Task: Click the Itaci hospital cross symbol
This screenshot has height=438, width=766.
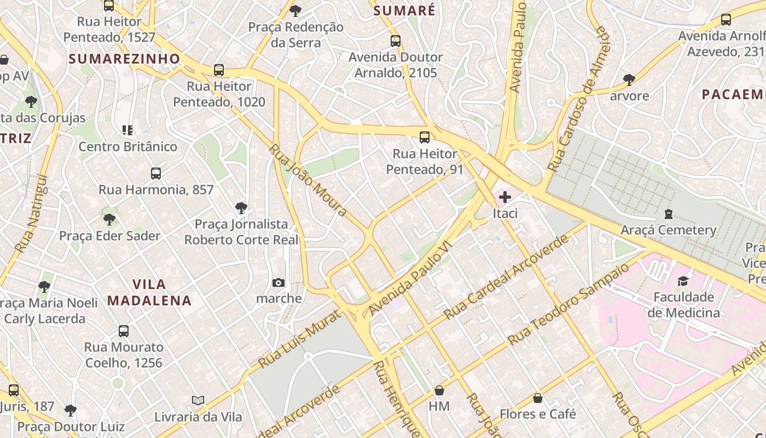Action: [x=504, y=197]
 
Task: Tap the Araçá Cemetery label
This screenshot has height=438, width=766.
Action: [x=668, y=230]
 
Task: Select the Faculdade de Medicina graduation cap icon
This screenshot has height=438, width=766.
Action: [x=683, y=281]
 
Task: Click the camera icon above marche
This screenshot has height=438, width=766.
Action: [x=278, y=283]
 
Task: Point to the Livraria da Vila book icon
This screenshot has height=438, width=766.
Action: [x=198, y=401]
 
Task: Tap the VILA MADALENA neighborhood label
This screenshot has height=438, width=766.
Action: [x=149, y=292]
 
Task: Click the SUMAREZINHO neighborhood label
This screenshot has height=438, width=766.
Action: [x=125, y=59]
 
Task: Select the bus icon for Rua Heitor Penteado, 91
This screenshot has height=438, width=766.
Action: [x=424, y=137]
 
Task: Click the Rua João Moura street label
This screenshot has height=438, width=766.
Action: [x=308, y=180]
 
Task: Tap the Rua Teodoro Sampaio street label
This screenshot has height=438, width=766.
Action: [x=568, y=304]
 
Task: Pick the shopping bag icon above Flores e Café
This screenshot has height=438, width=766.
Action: [x=538, y=398]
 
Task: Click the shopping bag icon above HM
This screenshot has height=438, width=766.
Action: [x=439, y=390]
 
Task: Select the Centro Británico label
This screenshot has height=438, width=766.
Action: [x=128, y=147]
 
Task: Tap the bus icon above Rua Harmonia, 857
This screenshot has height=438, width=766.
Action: [x=156, y=174]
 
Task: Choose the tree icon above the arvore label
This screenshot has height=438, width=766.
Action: [x=629, y=80]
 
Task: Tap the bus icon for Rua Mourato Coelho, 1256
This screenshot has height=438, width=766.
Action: [x=124, y=331]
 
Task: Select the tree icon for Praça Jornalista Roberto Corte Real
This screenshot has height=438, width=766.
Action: [x=241, y=208]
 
